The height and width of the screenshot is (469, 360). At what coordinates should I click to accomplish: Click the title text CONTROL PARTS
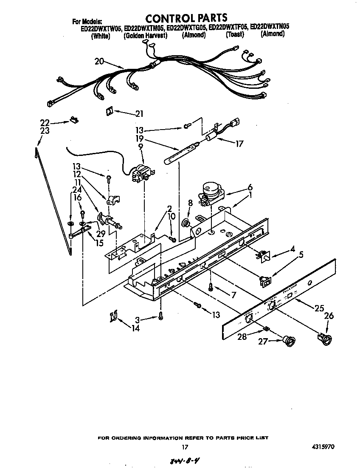pyautogui.click(x=186, y=18)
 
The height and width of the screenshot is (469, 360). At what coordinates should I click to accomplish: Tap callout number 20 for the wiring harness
pyautogui.click(x=99, y=61)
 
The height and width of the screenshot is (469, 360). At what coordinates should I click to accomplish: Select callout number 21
pyautogui.click(x=139, y=113)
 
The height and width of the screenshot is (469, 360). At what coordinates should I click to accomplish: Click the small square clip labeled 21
pyautogui.click(x=110, y=110)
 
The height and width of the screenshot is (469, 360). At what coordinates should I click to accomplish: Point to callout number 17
pyautogui.click(x=239, y=144)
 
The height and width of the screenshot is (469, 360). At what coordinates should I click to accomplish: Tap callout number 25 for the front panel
pyautogui.click(x=319, y=309)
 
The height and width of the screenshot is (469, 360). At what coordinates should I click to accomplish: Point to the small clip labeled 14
pyautogui.click(x=113, y=316)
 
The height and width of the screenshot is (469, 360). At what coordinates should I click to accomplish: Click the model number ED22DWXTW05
pyautogui.click(x=97, y=28)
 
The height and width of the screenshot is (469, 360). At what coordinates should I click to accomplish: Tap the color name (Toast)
pyautogui.click(x=235, y=35)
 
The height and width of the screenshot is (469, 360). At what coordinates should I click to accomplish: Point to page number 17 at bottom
pyautogui.click(x=185, y=447)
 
